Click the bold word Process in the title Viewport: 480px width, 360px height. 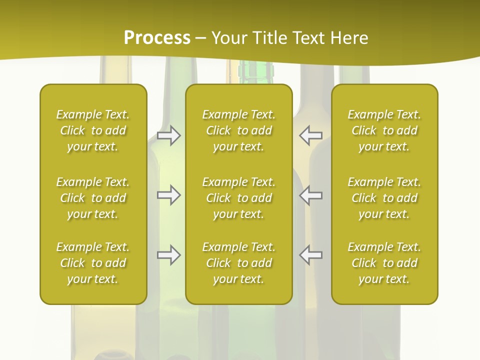(157, 37)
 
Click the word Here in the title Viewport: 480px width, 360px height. (348, 37)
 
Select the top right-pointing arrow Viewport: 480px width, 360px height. (168, 135)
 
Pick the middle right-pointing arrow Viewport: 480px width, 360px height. (168, 195)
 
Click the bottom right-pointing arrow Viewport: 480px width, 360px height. (168, 255)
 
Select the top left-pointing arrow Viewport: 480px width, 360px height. (311, 135)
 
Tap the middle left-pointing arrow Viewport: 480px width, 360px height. (311, 195)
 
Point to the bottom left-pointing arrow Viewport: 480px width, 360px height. (311, 255)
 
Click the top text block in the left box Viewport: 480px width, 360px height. (93, 130)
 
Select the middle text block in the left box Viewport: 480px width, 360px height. (93, 198)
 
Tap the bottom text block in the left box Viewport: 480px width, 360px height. (93, 263)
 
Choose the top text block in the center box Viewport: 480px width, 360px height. (238, 130)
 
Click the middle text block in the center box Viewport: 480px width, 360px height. (238, 198)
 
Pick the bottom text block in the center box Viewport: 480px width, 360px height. (238, 263)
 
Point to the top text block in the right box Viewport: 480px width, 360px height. (384, 130)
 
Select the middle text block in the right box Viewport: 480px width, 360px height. (384, 198)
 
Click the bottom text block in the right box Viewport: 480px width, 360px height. (384, 263)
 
